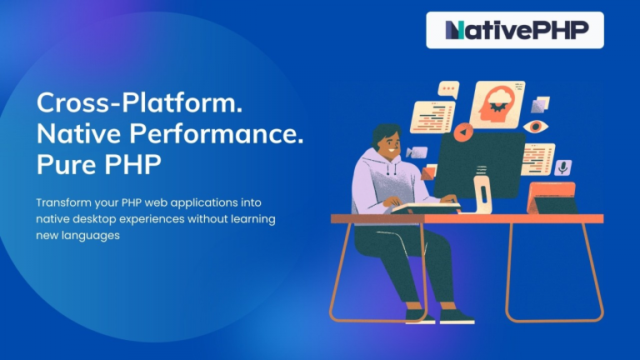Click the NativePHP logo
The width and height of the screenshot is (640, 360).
(x=515, y=30)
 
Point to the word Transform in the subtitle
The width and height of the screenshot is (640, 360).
(x=63, y=202)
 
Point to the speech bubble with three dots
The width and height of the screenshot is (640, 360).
(x=450, y=87)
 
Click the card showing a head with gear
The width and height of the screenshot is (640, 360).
(x=497, y=103)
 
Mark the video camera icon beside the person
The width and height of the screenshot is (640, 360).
(x=417, y=152)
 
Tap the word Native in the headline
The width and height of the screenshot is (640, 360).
(x=76, y=133)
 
